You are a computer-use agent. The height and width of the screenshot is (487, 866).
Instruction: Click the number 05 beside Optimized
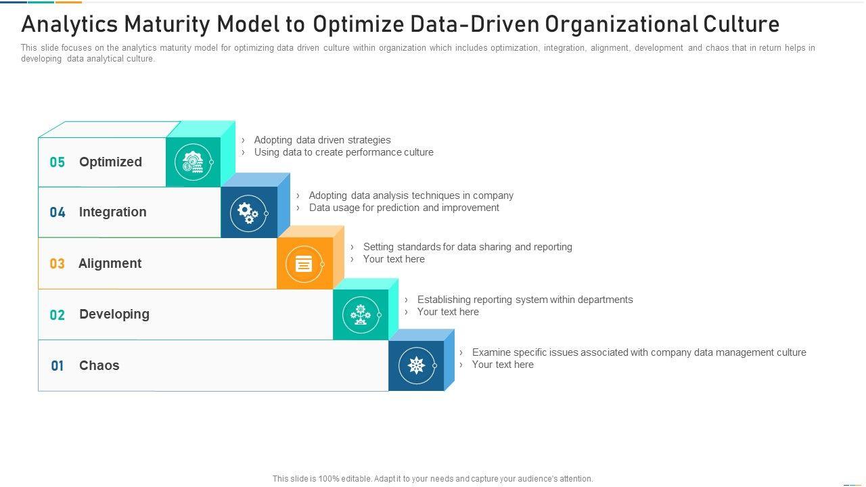tap(58, 162)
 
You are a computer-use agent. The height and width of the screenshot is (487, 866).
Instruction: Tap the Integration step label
tap(112, 212)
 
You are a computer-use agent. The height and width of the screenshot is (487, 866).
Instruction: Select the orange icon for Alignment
tap(304, 264)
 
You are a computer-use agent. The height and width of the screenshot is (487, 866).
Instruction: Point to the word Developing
tap(114, 314)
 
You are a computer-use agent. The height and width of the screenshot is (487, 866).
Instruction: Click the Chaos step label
tap(99, 365)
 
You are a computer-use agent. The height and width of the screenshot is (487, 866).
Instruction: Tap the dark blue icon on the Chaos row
tap(416, 366)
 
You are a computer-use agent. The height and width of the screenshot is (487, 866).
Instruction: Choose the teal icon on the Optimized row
tap(193, 162)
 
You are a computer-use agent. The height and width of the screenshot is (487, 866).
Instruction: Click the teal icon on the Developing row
tap(361, 315)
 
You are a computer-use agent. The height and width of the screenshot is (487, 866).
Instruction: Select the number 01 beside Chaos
tap(58, 366)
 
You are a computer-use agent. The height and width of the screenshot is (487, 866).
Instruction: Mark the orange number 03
tap(58, 264)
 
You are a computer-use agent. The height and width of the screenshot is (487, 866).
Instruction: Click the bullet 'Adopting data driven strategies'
tap(322, 140)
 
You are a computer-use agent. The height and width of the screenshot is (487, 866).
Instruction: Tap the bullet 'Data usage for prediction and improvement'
tap(404, 208)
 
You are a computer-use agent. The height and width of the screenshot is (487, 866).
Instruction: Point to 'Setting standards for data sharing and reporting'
tap(468, 247)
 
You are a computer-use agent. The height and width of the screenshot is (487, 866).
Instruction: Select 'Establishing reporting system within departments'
tap(525, 300)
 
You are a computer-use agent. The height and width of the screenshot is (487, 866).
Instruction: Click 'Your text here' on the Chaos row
tap(503, 365)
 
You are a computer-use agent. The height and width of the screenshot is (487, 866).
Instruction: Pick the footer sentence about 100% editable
tap(433, 479)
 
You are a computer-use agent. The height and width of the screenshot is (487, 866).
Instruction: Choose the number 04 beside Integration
tap(58, 212)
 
